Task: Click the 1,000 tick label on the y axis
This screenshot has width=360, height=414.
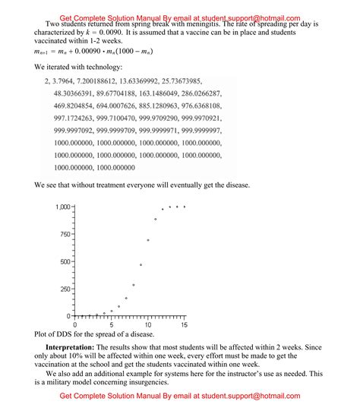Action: click(x=61, y=207)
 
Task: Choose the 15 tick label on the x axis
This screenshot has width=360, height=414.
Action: click(x=184, y=325)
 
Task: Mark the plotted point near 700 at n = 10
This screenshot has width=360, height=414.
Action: click(x=148, y=240)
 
